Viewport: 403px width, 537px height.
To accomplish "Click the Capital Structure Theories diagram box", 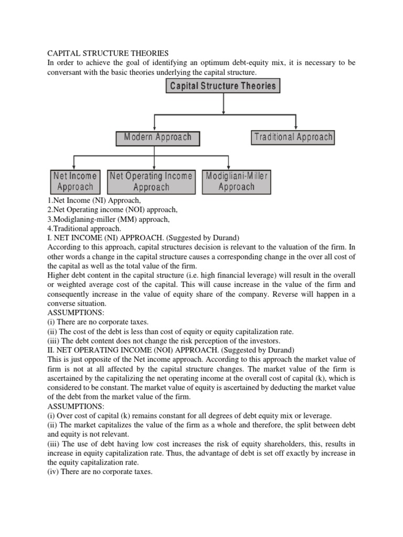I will [224, 87].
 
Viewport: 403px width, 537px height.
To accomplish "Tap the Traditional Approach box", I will [293, 137].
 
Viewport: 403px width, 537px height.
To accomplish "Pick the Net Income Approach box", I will [75, 181].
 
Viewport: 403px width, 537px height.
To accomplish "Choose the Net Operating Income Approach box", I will [151, 181].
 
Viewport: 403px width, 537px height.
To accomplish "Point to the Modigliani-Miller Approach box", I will [236, 181].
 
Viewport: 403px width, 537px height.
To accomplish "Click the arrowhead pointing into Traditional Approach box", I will [296, 126].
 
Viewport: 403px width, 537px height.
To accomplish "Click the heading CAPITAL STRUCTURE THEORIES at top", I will [108, 53].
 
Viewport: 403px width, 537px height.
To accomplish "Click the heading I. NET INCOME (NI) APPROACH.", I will [114, 238].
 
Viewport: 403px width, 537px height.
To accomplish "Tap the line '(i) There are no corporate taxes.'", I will [98, 323].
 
